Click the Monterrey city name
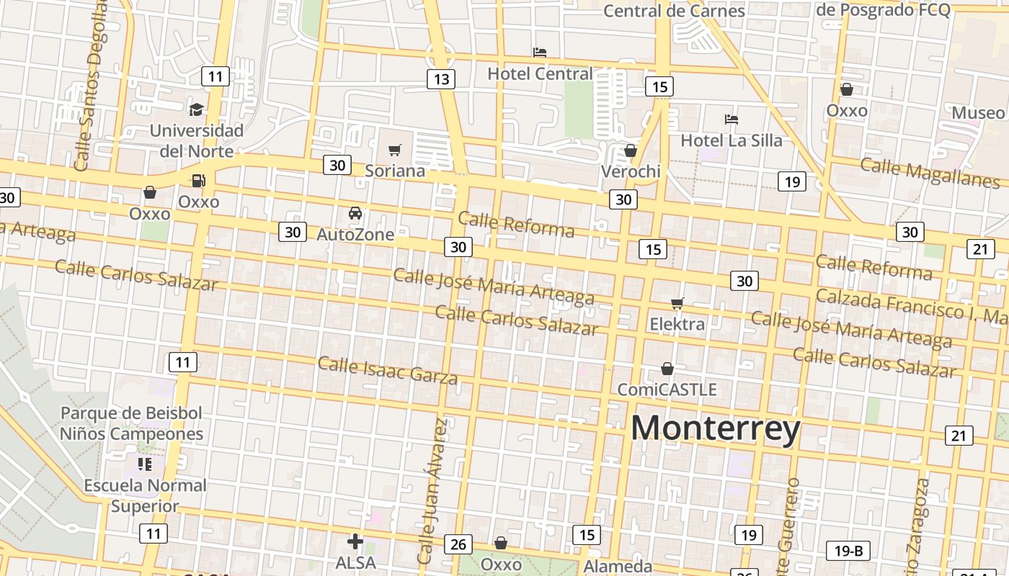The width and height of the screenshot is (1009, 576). click(715, 428)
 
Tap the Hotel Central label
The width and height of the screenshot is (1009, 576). click(540, 73)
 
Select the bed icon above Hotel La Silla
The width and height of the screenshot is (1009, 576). click(732, 119)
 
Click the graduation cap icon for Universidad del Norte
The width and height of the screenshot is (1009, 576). click(196, 109)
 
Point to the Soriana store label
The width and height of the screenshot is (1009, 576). click(394, 171)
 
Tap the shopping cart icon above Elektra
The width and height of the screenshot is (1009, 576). click(677, 303)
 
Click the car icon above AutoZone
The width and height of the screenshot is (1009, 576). click(355, 213)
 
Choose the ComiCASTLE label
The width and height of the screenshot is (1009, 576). click(667, 390)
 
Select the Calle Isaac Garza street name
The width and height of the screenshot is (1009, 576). click(387, 369)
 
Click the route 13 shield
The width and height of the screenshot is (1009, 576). click(440, 79)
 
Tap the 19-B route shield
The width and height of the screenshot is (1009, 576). click(848, 552)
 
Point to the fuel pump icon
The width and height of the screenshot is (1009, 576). click(197, 181)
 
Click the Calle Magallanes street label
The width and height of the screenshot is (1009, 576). click(930, 172)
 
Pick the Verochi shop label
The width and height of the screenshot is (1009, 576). click(631, 171)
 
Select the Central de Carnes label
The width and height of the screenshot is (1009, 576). click(674, 11)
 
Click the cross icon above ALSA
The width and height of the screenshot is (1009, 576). click(355, 541)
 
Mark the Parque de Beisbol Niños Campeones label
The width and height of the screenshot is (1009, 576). click(131, 423)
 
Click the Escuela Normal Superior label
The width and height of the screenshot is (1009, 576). click(145, 495)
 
